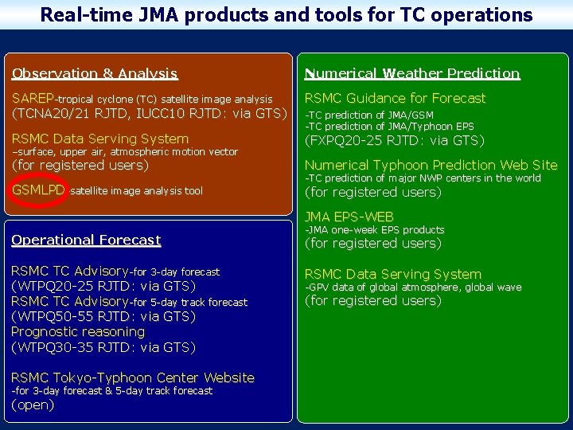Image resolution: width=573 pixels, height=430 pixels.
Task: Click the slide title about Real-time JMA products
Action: point(286,14)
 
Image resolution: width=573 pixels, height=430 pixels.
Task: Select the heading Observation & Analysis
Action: point(95,73)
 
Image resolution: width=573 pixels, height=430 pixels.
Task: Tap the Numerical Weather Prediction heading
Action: point(412,73)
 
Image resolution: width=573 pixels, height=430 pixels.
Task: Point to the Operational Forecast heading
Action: point(86,240)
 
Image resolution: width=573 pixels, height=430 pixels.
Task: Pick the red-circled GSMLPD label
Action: point(38,190)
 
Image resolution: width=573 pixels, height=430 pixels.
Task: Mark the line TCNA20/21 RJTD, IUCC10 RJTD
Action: point(149,113)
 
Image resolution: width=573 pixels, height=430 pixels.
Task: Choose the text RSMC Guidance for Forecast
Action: point(395,98)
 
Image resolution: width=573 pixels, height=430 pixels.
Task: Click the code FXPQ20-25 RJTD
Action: point(394,140)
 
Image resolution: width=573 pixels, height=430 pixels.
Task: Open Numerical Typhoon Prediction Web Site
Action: point(431,165)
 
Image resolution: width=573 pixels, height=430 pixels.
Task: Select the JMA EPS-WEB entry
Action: point(349,217)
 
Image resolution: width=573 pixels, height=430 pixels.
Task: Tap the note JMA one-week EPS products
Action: point(375,230)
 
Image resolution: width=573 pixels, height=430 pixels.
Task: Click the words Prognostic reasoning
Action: point(78,331)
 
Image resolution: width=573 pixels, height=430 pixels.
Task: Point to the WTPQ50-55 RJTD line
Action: point(103,316)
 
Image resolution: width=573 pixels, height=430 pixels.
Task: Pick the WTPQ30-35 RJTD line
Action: point(103,347)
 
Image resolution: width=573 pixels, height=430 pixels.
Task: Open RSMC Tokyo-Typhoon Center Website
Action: point(133,377)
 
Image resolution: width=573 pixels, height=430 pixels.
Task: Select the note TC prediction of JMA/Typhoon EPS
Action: point(389,127)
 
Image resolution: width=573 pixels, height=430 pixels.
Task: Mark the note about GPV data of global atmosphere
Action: point(413,287)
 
